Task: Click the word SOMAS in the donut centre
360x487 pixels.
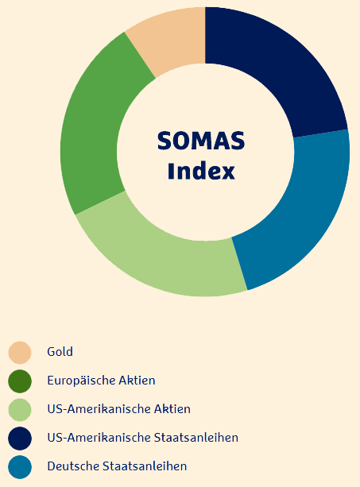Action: point(201,141)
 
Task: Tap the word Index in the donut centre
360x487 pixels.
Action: point(201,171)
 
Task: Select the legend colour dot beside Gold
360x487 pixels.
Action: point(20,353)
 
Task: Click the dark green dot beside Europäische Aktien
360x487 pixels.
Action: point(20,381)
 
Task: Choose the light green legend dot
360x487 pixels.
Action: point(20,410)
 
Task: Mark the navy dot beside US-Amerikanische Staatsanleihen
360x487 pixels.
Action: point(20,439)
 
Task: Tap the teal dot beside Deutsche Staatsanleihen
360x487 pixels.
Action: point(20,467)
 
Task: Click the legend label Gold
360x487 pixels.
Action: point(60,352)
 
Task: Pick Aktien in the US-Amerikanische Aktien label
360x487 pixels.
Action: point(172,409)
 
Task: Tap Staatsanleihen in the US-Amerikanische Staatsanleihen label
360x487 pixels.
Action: point(196,438)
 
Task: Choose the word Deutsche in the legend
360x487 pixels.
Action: point(73,466)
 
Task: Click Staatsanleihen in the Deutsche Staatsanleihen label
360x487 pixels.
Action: point(145,466)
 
